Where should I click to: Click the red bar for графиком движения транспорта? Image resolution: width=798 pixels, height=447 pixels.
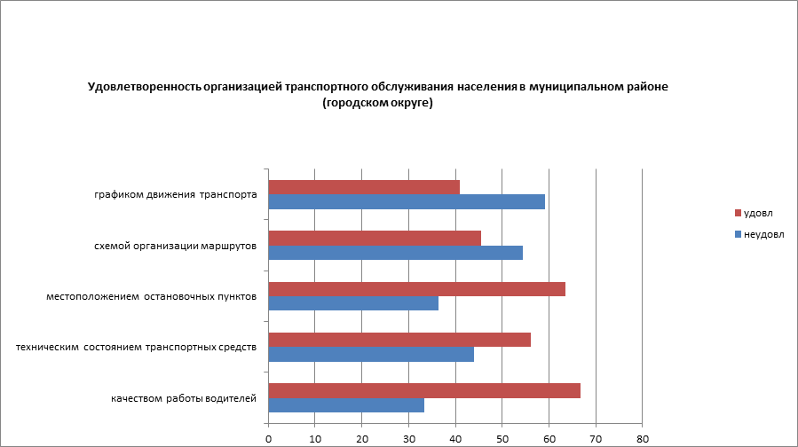[364, 187]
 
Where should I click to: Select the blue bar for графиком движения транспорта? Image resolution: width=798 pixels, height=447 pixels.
[407, 202]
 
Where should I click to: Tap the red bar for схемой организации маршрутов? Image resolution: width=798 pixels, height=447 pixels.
[375, 238]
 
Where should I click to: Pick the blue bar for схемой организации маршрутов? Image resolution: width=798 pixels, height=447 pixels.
[395, 253]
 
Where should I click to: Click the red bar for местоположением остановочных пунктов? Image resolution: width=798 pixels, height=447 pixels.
[416, 289]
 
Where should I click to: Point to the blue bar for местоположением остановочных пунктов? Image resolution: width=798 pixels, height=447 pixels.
[353, 303]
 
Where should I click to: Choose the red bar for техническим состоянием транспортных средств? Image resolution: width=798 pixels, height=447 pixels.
[399, 340]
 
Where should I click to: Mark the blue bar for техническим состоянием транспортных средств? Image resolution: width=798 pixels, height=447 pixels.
[371, 354]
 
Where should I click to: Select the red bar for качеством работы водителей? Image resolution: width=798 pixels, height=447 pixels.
[424, 390]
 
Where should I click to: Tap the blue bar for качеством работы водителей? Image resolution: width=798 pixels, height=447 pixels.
[346, 405]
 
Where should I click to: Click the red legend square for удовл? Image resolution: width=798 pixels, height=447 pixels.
[737, 213]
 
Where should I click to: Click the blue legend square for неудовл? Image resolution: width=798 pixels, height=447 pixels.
[737, 234]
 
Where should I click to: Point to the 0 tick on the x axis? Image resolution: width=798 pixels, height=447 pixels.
[268, 437]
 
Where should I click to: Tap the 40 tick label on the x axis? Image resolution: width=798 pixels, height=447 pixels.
[455, 437]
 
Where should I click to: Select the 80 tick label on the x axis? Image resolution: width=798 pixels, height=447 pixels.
[644, 437]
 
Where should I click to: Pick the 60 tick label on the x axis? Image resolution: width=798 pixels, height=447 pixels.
[549, 437]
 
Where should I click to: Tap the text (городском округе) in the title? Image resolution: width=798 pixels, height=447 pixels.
[377, 103]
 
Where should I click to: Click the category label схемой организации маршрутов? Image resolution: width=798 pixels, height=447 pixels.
[176, 246]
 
